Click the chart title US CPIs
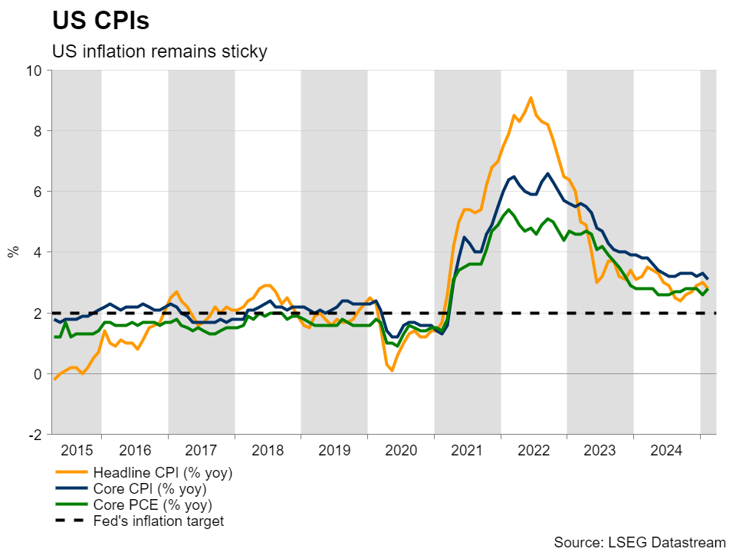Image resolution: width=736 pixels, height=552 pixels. (100, 21)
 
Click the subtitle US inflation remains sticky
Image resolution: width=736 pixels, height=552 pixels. (159, 52)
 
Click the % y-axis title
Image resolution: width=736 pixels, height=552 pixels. (13, 251)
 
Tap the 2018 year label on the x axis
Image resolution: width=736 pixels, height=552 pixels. (268, 450)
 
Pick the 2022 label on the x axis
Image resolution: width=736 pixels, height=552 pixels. (534, 450)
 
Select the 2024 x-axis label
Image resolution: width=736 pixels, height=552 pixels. (667, 450)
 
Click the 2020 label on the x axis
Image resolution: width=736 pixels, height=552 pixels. (401, 450)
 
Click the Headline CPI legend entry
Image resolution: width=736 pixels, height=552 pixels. (162, 472)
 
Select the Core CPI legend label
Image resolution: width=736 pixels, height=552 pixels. (149, 488)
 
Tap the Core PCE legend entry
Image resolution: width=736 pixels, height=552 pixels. (152, 505)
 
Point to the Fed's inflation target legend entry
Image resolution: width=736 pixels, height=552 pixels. (158, 521)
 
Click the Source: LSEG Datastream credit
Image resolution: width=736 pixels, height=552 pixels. (639, 542)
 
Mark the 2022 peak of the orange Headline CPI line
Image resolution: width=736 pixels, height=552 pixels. (531, 97)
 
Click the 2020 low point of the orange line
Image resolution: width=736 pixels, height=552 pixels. (392, 370)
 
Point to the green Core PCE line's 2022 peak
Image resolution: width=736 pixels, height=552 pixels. (508, 209)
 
